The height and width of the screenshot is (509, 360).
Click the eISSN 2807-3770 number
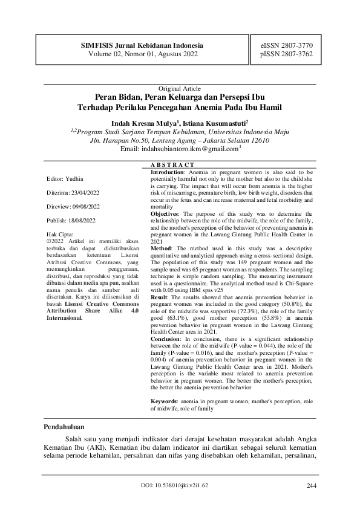coord(286,45)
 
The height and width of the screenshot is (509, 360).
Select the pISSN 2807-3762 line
coord(286,54)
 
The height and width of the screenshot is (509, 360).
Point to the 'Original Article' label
coord(180,88)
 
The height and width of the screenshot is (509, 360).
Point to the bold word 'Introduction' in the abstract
coord(166,172)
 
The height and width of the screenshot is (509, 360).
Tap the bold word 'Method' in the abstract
coord(160,247)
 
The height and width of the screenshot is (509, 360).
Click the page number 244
coord(312,485)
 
